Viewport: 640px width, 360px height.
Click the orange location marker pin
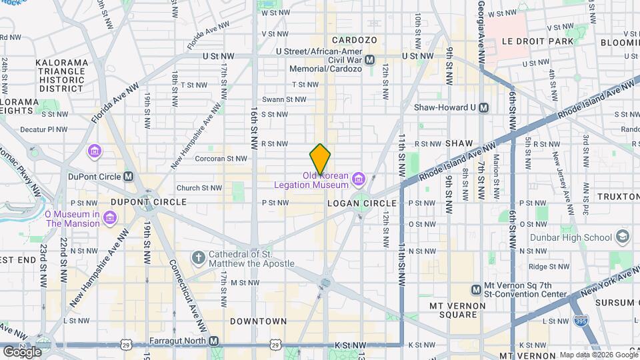[x=320, y=159]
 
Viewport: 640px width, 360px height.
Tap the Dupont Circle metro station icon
[x=129, y=177]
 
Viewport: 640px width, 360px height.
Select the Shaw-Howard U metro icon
[x=484, y=107]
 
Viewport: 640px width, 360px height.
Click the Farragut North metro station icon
[x=214, y=341]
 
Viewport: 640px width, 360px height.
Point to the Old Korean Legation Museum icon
[x=359, y=178]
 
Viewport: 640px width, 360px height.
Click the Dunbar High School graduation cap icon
[x=622, y=237]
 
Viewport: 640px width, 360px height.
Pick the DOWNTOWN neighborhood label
[x=259, y=321]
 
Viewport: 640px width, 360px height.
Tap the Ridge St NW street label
[x=546, y=266]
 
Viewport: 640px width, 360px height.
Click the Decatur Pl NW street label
[x=43, y=129]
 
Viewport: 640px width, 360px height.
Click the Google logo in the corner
[x=21, y=351]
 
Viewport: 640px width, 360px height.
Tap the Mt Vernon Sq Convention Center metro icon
[x=477, y=289]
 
